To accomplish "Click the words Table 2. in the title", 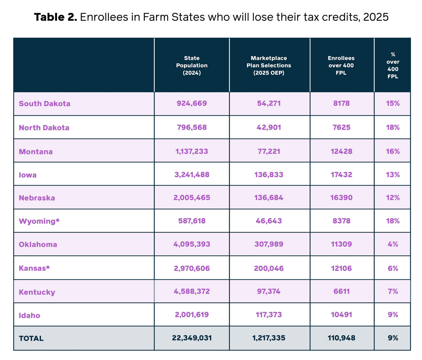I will click(x=55, y=17).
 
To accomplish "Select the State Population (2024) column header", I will click(x=192, y=65).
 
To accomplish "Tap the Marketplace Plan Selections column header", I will click(x=269, y=65).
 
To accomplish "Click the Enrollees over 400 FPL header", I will click(x=341, y=65).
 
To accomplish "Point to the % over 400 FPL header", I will click(x=393, y=65).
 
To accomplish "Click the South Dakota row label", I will click(x=45, y=104).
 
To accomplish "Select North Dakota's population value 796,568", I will click(x=192, y=127).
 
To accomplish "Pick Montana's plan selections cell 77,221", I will click(x=269, y=152).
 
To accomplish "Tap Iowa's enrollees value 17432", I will click(x=341, y=175).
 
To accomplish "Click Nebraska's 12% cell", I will click(x=393, y=198).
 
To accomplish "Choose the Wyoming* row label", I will click(x=39, y=221).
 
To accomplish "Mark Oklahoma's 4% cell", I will click(x=393, y=244).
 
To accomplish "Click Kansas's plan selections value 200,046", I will click(x=269, y=268).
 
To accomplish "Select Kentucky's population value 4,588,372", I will click(x=192, y=291).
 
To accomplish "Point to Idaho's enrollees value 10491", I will click(x=341, y=315).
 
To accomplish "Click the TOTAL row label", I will click(x=31, y=339).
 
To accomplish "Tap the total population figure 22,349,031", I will click(x=192, y=338).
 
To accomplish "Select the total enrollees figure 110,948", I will click(x=341, y=338).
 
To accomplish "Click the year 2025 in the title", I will click(x=376, y=17).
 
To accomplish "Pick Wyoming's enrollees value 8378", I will click(x=341, y=221).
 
